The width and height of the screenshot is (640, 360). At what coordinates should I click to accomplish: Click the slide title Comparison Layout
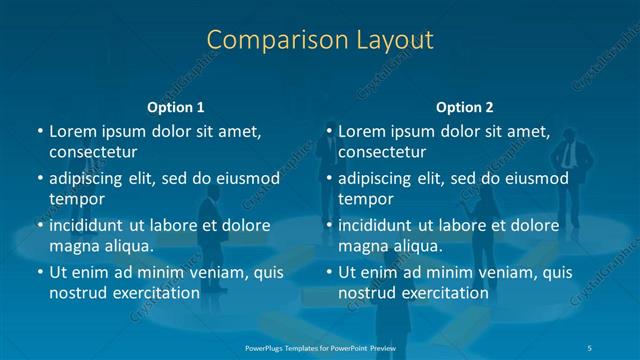pyautogui.click(x=320, y=40)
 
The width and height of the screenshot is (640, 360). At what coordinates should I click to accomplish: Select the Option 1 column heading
pyautogui.click(x=176, y=107)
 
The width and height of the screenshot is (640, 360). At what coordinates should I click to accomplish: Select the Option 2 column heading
pyautogui.click(x=465, y=107)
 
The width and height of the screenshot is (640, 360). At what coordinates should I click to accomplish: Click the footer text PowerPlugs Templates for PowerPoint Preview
pyautogui.click(x=320, y=346)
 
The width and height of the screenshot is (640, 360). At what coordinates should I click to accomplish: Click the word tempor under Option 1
pyautogui.click(x=77, y=198)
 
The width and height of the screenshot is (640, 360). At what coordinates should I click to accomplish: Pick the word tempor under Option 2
pyautogui.click(x=366, y=198)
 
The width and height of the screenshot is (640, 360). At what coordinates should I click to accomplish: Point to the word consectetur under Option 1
pyautogui.click(x=93, y=152)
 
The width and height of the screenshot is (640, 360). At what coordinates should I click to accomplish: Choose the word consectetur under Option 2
pyautogui.click(x=382, y=152)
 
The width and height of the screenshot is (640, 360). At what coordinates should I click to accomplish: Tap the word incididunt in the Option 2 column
pyautogui.click(x=378, y=225)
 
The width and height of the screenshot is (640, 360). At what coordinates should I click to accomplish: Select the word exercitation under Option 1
pyautogui.click(x=152, y=293)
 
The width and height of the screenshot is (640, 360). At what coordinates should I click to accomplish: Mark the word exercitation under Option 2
pyautogui.click(x=441, y=293)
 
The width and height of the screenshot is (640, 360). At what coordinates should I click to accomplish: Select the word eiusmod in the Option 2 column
pyautogui.click(x=536, y=179)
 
